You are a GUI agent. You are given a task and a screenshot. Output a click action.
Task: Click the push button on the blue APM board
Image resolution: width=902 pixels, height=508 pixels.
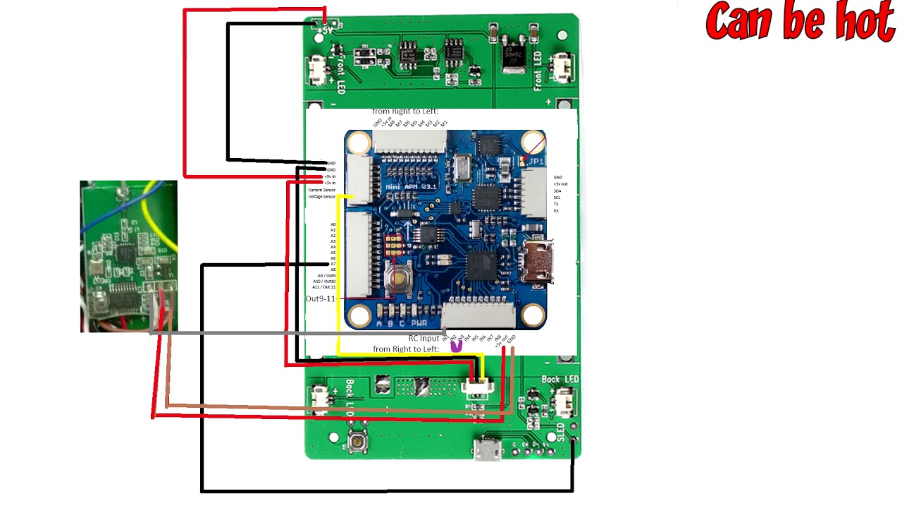coord(400,279)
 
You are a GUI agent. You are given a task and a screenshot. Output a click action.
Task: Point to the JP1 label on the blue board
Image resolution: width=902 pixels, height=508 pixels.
coord(536,162)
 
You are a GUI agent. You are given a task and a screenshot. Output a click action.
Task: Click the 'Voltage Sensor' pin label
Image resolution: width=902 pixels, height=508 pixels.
coord(322,197)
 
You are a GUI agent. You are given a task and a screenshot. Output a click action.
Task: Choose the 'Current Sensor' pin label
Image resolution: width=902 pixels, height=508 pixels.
coord(322,190)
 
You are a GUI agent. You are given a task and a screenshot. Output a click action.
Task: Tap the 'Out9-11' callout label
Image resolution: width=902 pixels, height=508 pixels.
coord(320,299)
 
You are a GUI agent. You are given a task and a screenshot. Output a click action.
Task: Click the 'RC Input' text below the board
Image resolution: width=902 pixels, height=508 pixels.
coord(424,338)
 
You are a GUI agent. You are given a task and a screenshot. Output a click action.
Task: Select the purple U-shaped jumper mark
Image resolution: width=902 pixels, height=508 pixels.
coord(457,346)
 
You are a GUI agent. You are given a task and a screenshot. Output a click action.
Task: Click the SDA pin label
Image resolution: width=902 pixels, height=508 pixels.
coord(557,190)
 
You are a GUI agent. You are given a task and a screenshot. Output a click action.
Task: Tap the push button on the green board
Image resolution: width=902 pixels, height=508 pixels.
coord(358,442)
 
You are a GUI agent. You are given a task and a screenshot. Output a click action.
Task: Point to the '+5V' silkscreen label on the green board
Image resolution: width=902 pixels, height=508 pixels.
coord(325,31)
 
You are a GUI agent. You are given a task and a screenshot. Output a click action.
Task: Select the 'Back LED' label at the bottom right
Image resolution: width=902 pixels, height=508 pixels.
coord(560,380)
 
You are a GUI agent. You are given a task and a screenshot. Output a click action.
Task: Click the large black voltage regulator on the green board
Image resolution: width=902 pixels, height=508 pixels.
coord(514,55)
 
